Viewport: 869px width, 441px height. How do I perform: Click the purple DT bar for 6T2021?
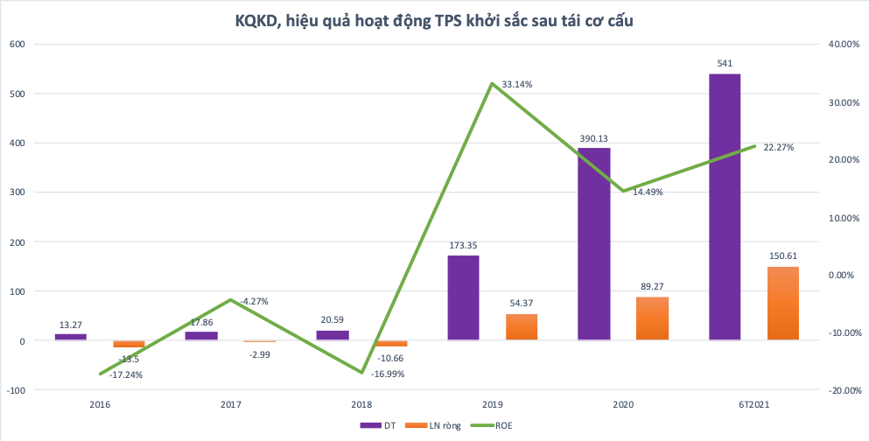725,206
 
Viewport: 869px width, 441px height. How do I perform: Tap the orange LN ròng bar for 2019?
522,326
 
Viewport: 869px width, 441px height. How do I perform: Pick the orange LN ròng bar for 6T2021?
783,303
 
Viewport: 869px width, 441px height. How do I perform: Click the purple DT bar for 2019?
463,297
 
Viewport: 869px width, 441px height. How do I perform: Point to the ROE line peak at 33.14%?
493,83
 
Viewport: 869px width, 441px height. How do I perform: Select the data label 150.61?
783,256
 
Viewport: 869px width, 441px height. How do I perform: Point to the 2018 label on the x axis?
361,403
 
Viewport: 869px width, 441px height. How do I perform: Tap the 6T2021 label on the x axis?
754,403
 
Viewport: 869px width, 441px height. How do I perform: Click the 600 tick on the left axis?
18,45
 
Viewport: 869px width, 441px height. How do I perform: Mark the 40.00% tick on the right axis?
843,45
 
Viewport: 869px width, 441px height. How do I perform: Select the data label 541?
725,63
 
